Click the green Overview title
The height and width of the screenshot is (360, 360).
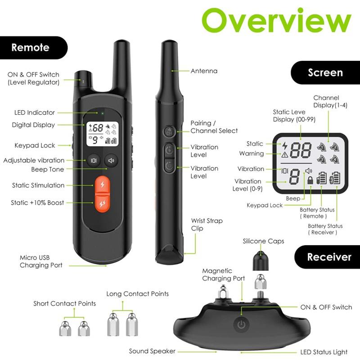276,20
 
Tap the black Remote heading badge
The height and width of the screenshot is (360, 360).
33,48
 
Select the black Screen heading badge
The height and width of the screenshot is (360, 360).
325,72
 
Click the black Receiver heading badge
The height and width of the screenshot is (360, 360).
328,257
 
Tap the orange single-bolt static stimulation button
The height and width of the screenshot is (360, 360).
103,184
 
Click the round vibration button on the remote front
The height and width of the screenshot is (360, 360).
94,160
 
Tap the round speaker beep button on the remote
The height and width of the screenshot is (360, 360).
111,160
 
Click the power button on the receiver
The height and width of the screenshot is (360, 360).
241,324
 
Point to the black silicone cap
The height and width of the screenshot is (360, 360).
261,261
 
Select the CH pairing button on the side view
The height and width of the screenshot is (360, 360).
169,132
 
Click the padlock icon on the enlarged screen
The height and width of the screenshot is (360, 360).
310,180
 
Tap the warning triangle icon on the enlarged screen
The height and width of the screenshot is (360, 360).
285,154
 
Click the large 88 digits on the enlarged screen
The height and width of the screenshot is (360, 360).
301,150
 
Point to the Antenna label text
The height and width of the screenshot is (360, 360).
204,71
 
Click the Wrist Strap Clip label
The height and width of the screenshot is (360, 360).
207,225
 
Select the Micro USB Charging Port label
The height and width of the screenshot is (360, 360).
41,261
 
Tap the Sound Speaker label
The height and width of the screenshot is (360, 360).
152,351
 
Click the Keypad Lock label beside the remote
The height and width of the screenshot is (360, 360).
35,145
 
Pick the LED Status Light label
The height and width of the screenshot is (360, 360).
324,352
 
